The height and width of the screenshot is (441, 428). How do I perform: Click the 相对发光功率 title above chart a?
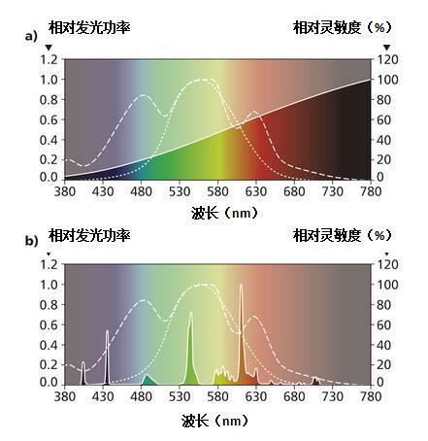point(88,28)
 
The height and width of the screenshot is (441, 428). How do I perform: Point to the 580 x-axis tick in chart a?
point(217,191)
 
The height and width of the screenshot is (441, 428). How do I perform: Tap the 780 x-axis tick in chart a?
point(371,191)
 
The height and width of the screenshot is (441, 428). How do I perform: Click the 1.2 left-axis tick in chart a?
point(48,59)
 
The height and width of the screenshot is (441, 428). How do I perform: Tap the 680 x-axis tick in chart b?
point(294,396)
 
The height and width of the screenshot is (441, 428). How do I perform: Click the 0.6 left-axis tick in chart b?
point(48,323)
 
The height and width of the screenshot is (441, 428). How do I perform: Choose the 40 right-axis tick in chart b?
point(385,343)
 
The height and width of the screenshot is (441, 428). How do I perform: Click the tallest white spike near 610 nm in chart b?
point(241,291)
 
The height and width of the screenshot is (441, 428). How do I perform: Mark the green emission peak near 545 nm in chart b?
point(190,321)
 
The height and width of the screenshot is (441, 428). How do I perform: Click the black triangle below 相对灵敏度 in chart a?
point(385,47)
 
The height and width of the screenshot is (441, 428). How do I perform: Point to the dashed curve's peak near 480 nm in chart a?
point(143,95)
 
